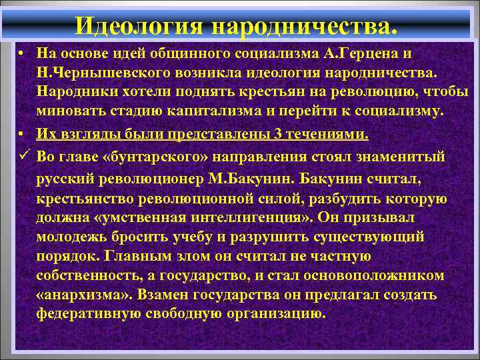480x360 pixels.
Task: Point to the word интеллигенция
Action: [x=255, y=217]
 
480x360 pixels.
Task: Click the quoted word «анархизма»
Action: [x=78, y=295]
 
